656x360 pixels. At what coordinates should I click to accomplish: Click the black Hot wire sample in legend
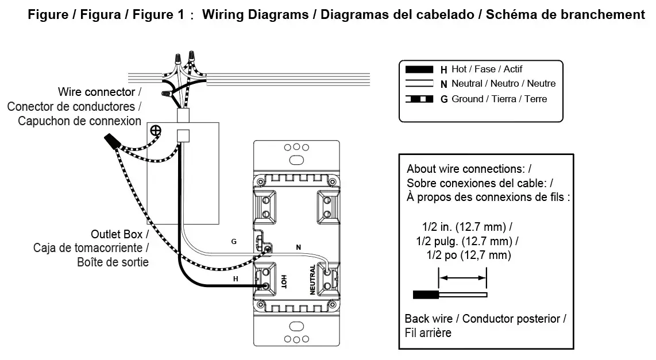click(x=419, y=69)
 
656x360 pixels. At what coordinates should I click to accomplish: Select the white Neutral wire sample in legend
click(x=419, y=84)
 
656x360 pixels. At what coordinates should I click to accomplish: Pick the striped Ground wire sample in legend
click(x=419, y=99)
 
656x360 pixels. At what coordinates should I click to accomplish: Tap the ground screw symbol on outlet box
click(x=155, y=130)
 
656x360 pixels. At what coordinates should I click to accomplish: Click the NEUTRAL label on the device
click(x=312, y=280)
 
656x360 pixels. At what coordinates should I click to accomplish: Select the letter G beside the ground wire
click(x=234, y=242)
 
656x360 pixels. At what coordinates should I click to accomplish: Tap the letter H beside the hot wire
click(x=235, y=278)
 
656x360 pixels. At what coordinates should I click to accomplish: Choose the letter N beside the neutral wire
click(x=298, y=247)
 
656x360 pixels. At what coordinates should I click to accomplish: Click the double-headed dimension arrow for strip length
click(x=462, y=278)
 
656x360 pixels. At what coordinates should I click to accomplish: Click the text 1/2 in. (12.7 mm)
click(x=463, y=226)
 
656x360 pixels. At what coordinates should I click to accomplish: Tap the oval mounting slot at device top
click(x=296, y=159)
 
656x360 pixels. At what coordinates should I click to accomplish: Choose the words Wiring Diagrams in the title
click(x=256, y=14)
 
